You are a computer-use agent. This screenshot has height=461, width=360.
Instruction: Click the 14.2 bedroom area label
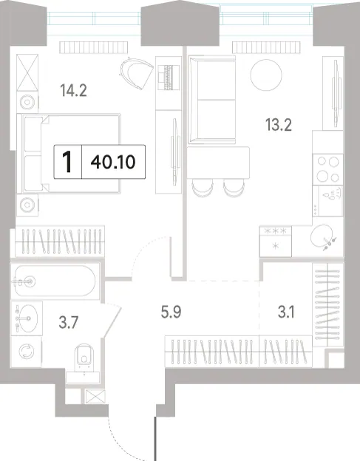[73, 90]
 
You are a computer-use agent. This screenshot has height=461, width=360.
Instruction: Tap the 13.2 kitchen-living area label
[278, 125]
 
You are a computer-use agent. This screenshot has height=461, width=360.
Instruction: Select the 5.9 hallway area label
[171, 312]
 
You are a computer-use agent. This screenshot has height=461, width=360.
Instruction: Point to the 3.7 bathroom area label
[68, 322]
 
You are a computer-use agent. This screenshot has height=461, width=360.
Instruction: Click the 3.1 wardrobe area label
[286, 312]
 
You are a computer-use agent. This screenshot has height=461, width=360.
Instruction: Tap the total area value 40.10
[113, 162]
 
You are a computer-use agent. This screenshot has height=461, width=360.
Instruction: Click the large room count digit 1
[68, 162]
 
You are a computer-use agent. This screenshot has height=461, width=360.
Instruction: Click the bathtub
[55, 281]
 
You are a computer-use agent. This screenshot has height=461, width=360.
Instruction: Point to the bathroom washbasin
[27, 318]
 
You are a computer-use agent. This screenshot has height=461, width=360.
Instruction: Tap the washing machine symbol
[26, 352]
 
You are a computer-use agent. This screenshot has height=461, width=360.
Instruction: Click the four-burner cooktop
[327, 170]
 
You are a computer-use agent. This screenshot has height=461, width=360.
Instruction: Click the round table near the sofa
[266, 75]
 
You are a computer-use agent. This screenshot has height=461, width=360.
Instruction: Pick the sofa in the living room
[211, 100]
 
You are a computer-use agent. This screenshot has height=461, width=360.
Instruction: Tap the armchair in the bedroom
[137, 73]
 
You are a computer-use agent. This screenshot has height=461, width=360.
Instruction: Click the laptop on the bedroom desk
[169, 77]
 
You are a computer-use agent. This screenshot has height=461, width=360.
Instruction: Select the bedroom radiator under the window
[94, 47]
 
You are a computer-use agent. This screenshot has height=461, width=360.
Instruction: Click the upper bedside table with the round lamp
[27, 102]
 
